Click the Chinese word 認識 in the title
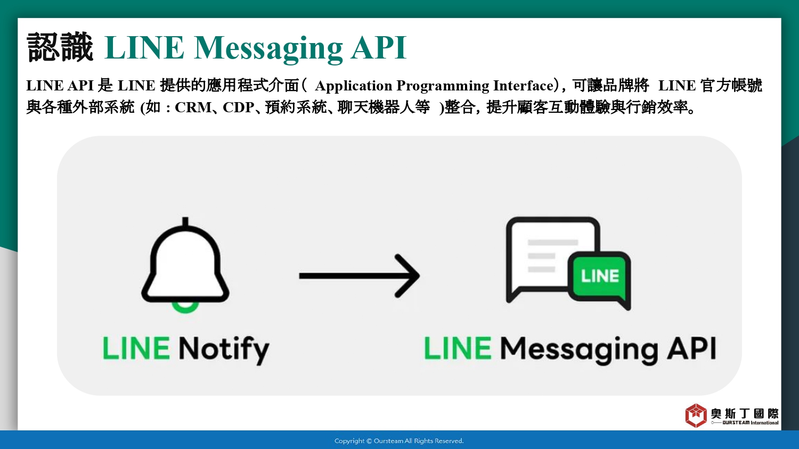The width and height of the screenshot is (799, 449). click(60, 47)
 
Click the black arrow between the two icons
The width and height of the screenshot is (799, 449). click(359, 276)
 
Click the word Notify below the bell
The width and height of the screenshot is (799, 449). click(224, 350)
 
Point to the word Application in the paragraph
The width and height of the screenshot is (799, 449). click(353, 86)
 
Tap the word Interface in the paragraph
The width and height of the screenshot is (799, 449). click(523, 86)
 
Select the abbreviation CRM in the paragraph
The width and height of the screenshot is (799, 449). click(193, 107)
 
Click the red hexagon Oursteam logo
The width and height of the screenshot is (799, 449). click(696, 415)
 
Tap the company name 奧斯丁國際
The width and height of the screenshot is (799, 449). click(745, 413)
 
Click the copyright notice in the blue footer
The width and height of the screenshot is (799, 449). click(399, 441)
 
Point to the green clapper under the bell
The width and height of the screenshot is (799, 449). click(185, 307)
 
